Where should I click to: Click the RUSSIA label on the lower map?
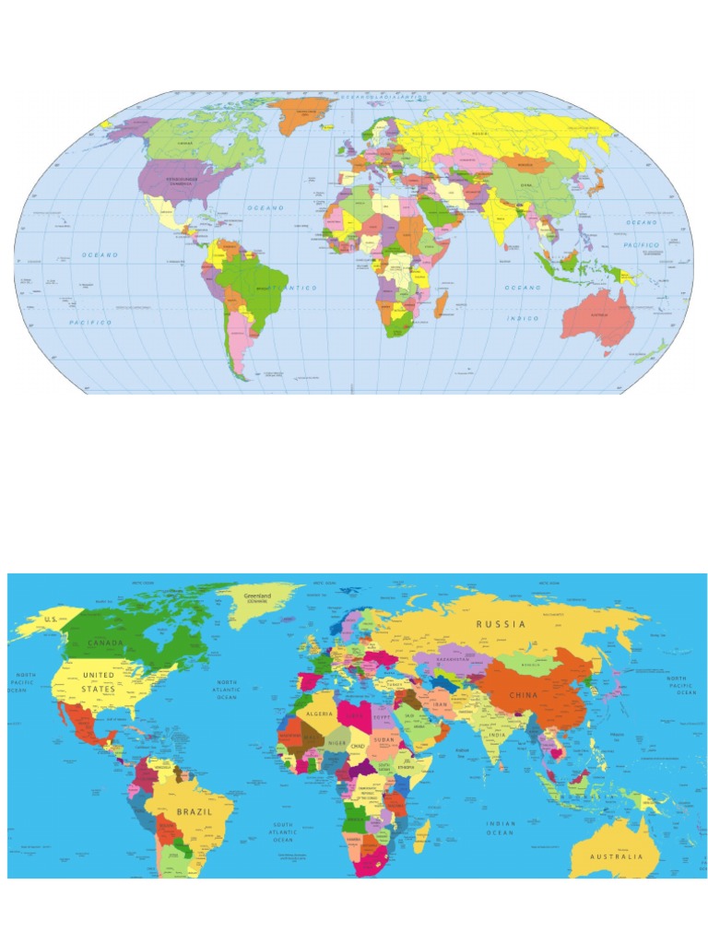click(x=501, y=624)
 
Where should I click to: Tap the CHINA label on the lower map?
click(x=523, y=694)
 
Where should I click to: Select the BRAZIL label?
click(x=195, y=811)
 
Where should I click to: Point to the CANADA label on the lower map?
click(x=105, y=642)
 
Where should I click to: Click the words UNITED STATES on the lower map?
click(x=99, y=682)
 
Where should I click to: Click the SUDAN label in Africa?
click(x=383, y=739)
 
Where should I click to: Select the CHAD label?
click(x=359, y=745)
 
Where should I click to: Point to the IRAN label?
click(x=439, y=704)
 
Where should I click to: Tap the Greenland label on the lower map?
click(x=257, y=597)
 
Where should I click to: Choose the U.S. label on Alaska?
click(x=52, y=619)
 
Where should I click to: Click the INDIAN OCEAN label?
click(x=501, y=828)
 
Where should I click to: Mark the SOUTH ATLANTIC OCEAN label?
click(x=283, y=832)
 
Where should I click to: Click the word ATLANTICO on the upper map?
click(x=292, y=289)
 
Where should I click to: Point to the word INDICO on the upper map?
click(x=522, y=318)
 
